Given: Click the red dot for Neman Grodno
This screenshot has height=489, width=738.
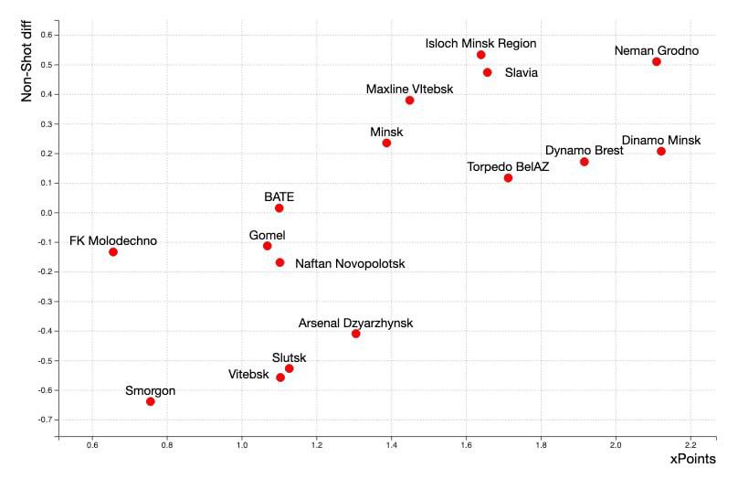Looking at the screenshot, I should [x=656, y=62].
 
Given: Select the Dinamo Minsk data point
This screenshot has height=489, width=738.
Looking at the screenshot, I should [x=660, y=152].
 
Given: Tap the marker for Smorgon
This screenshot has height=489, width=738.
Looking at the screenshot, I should [x=151, y=401].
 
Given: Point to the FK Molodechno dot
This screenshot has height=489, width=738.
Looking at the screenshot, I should [x=113, y=252].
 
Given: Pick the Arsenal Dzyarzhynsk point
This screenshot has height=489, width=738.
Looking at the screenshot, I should [x=355, y=334].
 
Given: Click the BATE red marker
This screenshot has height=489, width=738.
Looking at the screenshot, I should [x=279, y=208].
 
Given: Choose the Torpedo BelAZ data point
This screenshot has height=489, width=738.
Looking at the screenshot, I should [x=508, y=178].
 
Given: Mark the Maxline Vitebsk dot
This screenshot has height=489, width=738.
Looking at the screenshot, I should [x=409, y=101].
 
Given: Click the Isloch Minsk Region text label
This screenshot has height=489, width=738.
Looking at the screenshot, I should [x=480, y=43].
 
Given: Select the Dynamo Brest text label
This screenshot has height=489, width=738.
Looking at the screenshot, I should [x=585, y=150].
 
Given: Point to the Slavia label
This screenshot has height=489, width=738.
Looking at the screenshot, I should [x=522, y=73].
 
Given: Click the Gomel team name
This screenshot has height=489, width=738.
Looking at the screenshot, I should [x=267, y=235].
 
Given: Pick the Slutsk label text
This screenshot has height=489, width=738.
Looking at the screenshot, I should [x=289, y=357].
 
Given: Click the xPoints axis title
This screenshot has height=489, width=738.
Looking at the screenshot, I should [x=692, y=459].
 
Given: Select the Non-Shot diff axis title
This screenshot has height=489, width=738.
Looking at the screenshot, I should [x=26, y=62].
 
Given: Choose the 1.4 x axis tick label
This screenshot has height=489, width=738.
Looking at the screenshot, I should [x=391, y=445].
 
